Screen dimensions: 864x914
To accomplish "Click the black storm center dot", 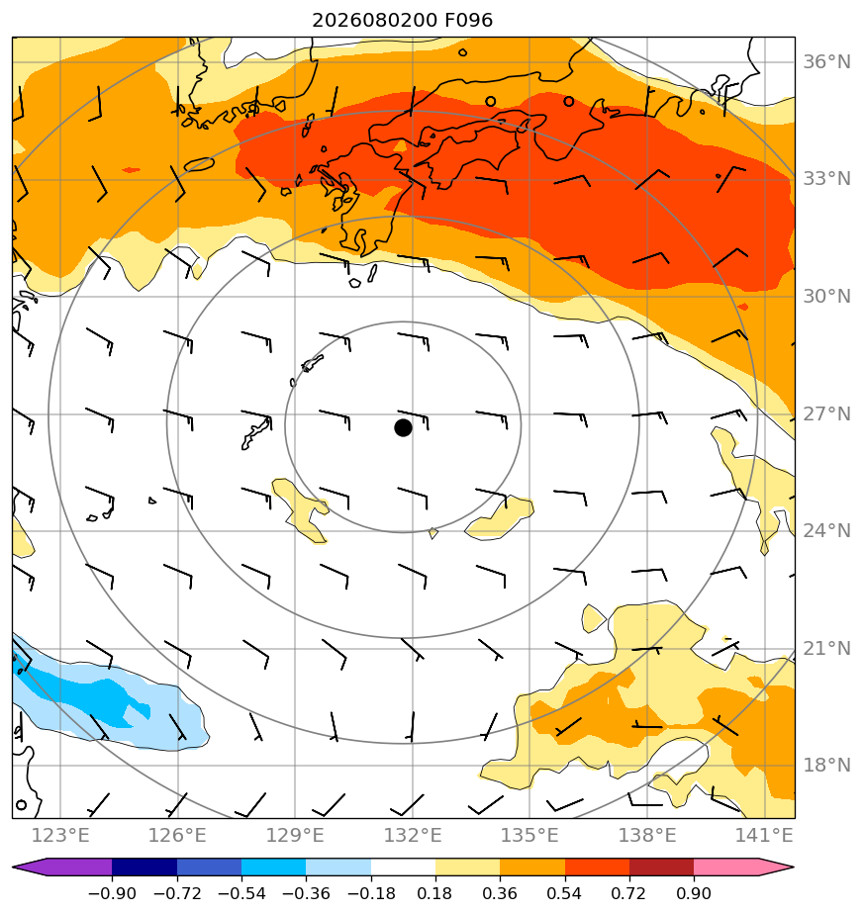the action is pos(403,428).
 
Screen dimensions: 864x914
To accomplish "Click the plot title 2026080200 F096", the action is pos(403,21).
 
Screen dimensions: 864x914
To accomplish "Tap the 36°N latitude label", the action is pos(826,61).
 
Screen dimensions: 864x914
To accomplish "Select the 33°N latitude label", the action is pos(826,178).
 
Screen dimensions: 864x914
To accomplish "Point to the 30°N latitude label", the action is pos(826,296).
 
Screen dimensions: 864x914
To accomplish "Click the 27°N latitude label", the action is pos(826,413).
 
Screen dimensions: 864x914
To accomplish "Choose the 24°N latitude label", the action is pos(826,530).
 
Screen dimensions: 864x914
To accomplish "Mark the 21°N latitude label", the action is pos(826,648).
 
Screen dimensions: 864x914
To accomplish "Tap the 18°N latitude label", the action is pos(826,765).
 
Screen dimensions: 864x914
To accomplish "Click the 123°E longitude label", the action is pos(60,835).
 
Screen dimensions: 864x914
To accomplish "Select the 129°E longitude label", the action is pos(295,835).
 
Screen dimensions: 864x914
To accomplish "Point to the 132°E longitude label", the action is pos(413,835).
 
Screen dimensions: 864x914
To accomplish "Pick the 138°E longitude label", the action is pos(647,835).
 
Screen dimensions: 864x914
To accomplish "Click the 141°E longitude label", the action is pos(764,835).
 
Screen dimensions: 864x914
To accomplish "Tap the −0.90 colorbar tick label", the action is pos(112,893).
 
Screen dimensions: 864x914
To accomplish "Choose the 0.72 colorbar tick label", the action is pos(628,893).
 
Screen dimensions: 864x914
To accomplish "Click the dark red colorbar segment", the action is pos(661,867).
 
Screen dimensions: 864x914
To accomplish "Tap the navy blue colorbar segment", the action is pos(144,867).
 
